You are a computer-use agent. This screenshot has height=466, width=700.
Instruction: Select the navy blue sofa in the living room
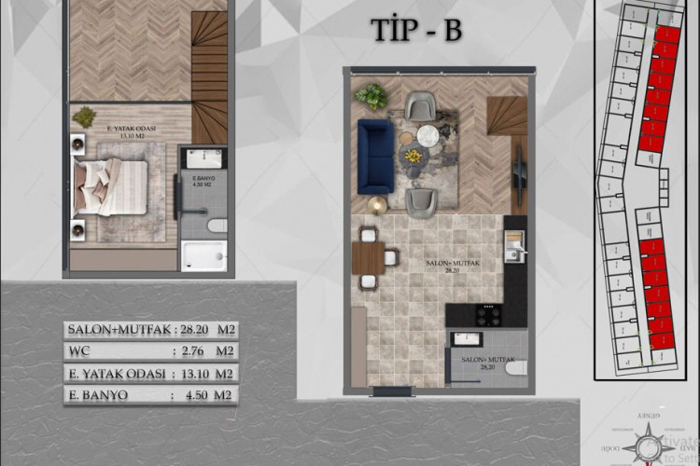click(x=375, y=155)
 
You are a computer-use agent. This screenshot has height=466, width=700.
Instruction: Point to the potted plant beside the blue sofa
click(x=371, y=95)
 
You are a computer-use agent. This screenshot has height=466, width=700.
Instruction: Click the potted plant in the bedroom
click(x=85, y=116)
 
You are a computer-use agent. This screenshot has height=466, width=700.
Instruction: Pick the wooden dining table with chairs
click(x=369, y=257)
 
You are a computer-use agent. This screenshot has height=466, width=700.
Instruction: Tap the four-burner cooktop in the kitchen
click(x=488, y=315)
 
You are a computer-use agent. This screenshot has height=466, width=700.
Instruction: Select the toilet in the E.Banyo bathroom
click(x=216, y=225)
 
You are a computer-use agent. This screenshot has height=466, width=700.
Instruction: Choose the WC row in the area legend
click(x=149, y=351)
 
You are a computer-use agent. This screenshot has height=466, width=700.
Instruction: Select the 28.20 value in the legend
click(x=195, y=329)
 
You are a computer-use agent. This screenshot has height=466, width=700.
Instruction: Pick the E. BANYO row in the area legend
click(x=149, y=395)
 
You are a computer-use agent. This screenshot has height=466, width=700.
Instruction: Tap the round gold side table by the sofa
click(x=377, y=205)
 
